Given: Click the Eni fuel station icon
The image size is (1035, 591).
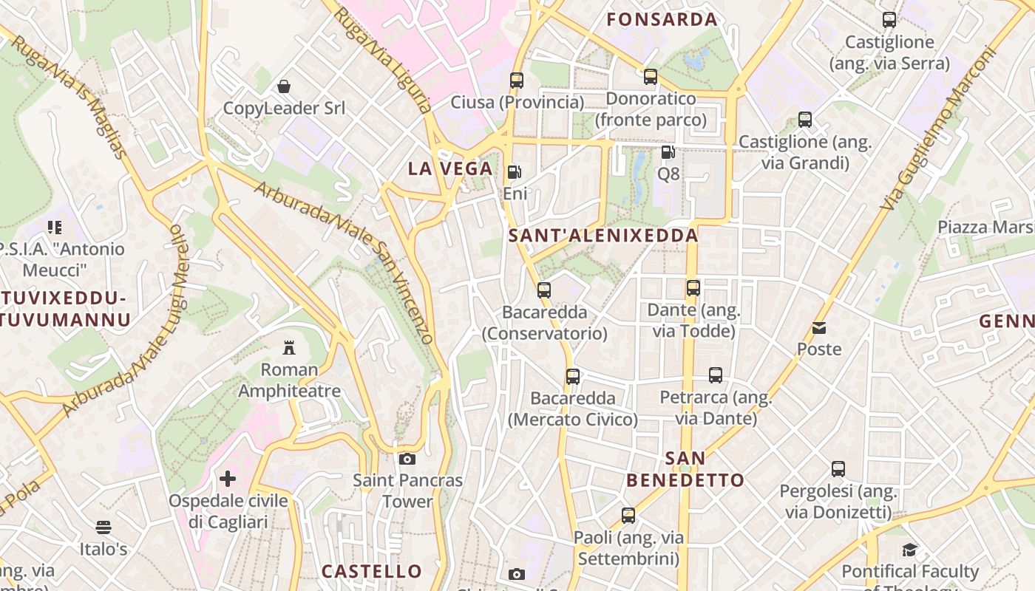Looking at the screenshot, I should (514, 173).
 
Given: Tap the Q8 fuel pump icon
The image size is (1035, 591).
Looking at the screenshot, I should (668, 153).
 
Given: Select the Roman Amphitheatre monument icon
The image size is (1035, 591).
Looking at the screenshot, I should (289, 348).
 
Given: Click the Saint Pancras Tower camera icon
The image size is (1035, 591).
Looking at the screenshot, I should (407, 459).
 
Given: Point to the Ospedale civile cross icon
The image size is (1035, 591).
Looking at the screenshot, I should (228, 479).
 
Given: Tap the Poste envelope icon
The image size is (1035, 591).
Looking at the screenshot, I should (819, 328).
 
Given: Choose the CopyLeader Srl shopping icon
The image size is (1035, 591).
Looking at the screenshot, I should (284, 87).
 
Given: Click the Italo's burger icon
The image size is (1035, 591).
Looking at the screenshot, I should (103, 527).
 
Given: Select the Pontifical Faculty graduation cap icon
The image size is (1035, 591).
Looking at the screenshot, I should (909, 550).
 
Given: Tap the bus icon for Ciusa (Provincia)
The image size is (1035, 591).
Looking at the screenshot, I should (517, 81).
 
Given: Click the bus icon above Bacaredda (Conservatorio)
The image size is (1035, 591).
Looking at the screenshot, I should (544, 290).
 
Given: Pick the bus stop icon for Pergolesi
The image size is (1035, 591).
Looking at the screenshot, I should (838, 469).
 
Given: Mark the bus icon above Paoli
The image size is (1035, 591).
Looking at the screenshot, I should (628, 516).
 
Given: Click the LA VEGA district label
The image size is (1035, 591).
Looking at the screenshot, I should (450, 168).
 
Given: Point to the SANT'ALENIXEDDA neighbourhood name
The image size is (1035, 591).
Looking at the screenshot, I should (604, 236).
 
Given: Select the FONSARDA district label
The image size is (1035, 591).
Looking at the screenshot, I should (662, 20).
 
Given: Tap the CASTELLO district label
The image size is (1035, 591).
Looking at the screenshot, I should (371, 571).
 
